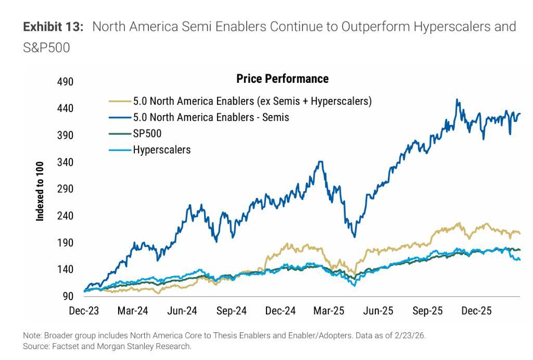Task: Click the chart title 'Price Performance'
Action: (x=282, y=79)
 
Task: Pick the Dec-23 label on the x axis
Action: (x=84, y=312)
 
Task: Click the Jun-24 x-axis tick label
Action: (x=182, y=312)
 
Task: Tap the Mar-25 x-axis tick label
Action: (x=329, y=312)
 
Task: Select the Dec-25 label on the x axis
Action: (x=476, y=312)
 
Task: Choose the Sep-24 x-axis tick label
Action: (x=231, y=312)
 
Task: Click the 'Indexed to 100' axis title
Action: (x=40, y=191)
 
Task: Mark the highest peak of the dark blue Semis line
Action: (x=457, y=100)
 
